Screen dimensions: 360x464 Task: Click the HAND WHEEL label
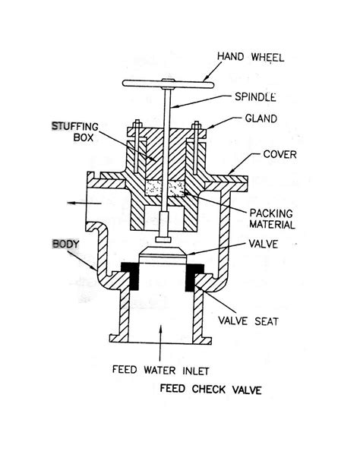click(x=251, y=57)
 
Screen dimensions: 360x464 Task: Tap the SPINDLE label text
click(x=255, y=96)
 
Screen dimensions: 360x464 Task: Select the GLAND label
click(x=261, y=118)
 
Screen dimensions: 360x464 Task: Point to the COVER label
click(x=279, y=154)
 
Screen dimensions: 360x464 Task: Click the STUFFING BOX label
click(x=75, y=131)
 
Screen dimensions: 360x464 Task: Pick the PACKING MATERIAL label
click(x=272, y=219)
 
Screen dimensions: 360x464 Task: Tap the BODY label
click(x=66, y=244)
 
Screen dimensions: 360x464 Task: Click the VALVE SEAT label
click(x=248, y=320)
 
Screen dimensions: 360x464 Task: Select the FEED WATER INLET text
click(x=161, y=370)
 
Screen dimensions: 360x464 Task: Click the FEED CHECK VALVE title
click(x=211, y=389)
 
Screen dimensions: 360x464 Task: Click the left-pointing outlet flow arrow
click(x=84, y=203)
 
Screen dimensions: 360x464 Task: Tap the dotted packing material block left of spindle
click(x=154, y=188)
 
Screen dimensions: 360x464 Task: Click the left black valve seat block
click(x=131, y=276)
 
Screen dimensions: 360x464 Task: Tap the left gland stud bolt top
click(x=137, y=123)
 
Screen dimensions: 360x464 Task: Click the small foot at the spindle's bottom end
click(x=163, y=239)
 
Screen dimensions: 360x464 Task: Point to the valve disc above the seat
click(x=163, y=255)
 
